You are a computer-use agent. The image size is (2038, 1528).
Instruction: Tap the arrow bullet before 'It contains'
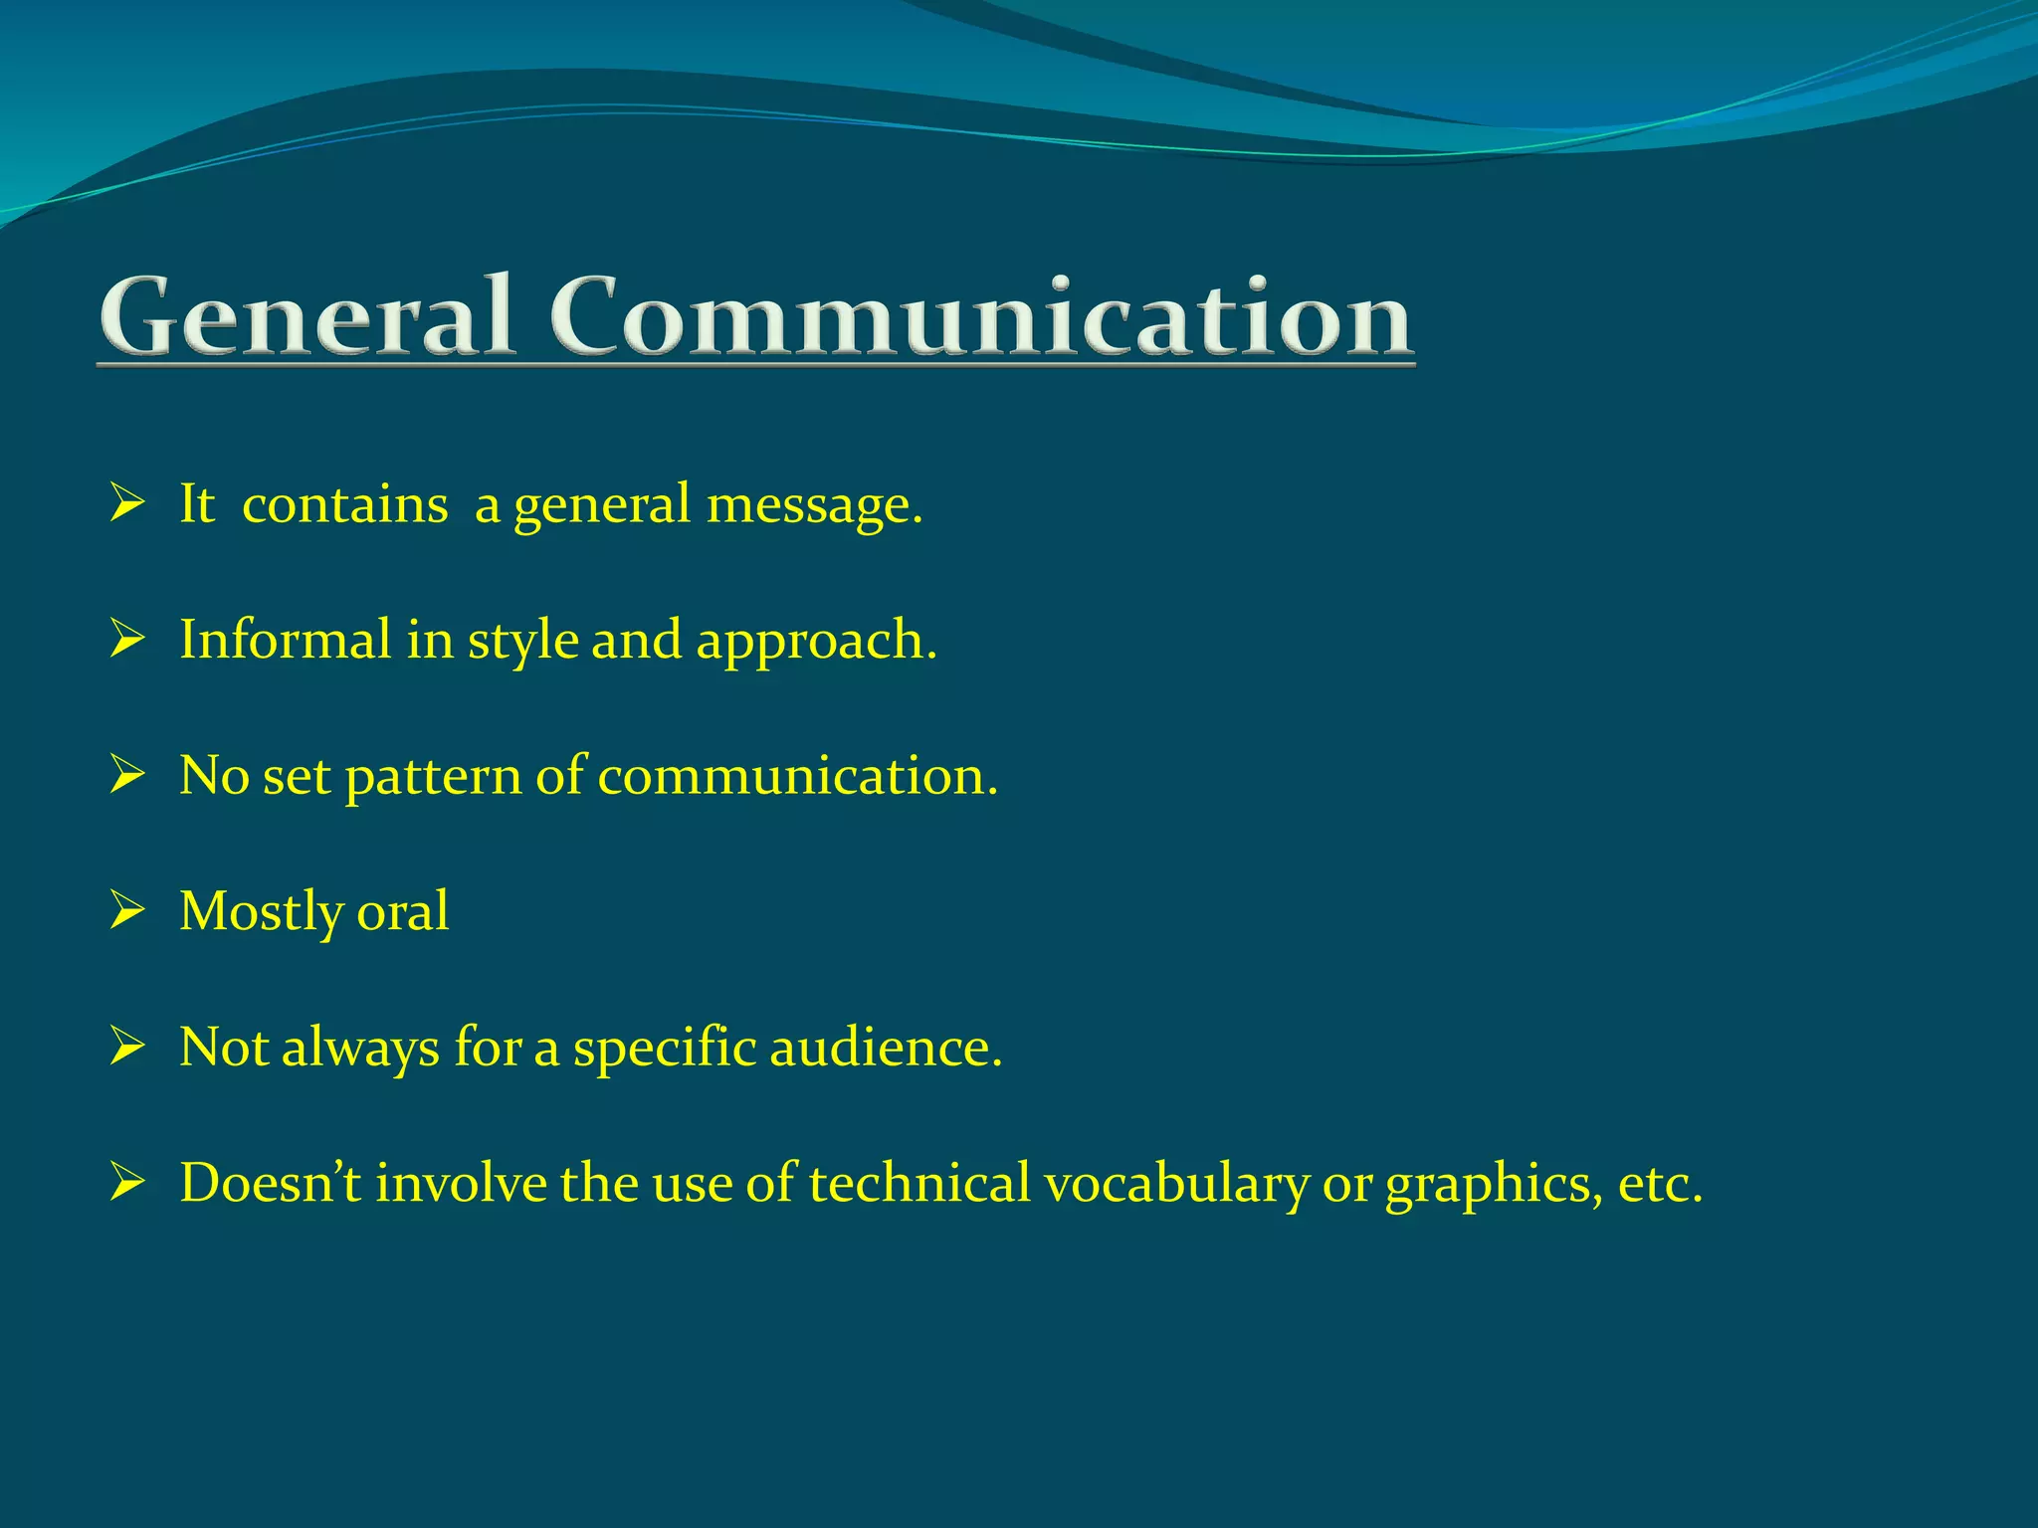tap(127, 503)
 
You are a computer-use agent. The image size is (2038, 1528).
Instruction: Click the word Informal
tap(285, 639)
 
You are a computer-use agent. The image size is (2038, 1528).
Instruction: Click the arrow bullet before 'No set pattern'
tap(127, 775)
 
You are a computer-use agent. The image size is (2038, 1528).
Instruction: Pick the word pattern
tap(433, 777)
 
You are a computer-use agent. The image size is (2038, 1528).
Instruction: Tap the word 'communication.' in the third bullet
tap(797, 775)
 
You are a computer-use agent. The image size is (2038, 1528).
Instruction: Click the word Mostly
tap(261, 912)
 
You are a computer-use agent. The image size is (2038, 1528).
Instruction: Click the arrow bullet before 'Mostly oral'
tap(127, 910)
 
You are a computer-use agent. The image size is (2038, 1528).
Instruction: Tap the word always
tap(360, 1049)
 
